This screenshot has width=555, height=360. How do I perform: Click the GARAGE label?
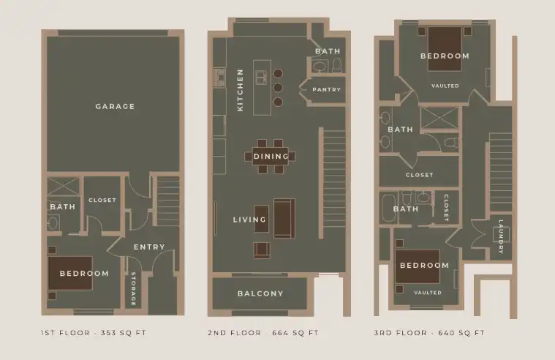point(115,106)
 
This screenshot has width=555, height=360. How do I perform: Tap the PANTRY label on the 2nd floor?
point(326,90)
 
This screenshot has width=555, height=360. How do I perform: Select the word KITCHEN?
point(241,90)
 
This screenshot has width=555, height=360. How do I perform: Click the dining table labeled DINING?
point(271,157)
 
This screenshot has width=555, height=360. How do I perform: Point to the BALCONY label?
point(260,293)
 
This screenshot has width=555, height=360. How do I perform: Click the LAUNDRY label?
point(501,236)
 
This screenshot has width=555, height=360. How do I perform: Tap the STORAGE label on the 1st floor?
point(133,289)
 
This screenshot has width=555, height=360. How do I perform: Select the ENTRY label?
point(149,247)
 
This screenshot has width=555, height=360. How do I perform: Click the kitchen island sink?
point(261,78)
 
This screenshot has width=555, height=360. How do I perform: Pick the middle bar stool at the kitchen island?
point(278,88)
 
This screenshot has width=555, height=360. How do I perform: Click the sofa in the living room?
point(284,218)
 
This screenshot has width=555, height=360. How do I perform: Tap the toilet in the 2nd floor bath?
point(336,66)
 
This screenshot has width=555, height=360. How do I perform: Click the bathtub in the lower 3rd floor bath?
point(388,209)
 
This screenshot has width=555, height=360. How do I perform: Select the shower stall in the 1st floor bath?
point(63,186)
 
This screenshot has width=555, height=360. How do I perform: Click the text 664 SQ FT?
point(295,333)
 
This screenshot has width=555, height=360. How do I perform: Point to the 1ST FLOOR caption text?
point(65,333)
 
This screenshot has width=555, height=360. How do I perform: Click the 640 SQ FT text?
point(461,333)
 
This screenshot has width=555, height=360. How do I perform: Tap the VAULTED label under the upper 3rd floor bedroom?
point(445,86)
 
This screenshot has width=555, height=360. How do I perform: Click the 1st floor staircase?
point(167,201)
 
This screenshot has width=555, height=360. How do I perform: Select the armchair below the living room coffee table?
point(262,250)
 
